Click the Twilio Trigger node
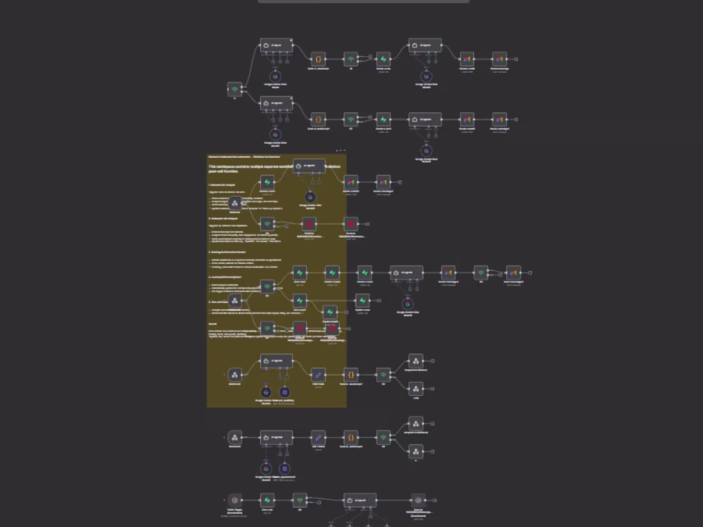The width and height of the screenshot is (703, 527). [x=235, y=500]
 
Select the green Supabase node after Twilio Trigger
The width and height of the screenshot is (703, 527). [x=267, y=500]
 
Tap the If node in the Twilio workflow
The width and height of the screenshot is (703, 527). [x=300, y=500]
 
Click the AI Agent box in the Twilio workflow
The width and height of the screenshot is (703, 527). [x=360, y=500]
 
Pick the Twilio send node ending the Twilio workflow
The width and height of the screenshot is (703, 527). [x=418, y=500]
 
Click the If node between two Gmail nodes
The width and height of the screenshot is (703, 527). [x=481, y=273]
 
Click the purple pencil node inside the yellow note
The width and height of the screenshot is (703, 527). [x=318, y=375]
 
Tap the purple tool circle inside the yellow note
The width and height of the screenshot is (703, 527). [x=285, y=392]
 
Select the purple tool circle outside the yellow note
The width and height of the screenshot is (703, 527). [x=285, y=469]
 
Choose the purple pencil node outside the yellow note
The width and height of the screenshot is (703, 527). [x=318, y=438]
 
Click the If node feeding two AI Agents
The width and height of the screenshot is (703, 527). [x=235, y=89]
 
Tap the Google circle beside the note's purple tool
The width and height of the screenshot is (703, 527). [x=266, y=392]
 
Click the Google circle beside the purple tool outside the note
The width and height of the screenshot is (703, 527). [x=266, y=469]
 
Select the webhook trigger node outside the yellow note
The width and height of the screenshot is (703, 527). [x=235, y=438]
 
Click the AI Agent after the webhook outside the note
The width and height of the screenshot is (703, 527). [x=277, y=438]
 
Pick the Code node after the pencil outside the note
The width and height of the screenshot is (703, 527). [x=351, y=438]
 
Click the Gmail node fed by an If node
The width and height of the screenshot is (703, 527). [x=513, y=273]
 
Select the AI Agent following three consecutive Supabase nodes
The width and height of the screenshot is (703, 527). [x=406, y=273]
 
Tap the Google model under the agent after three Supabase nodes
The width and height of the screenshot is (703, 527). [x=408, y=303]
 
